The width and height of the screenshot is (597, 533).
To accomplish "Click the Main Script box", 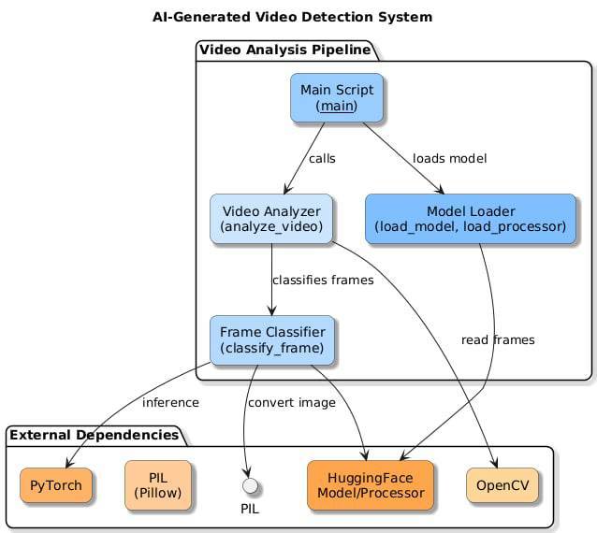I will coord(337,97).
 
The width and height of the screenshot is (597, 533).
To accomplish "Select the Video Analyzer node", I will coord(271,218).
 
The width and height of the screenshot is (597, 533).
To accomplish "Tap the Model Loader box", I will coord(470,218).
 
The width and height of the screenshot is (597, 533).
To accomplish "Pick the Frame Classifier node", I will coord(271,339).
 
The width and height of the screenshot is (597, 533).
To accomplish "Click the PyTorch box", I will coord(55,485).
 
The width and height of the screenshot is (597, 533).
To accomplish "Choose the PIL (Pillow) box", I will coord(158,485).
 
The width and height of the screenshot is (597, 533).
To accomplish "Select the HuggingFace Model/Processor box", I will coord(370,485).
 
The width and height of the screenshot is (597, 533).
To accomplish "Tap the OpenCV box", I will coord(502,485).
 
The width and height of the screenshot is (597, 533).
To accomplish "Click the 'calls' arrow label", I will coord(322,158).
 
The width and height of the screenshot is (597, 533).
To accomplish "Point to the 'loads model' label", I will coord(449,158).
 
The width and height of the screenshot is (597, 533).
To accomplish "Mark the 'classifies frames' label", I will coord(323,280).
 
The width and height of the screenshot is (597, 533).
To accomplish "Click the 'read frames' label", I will coord(498,339).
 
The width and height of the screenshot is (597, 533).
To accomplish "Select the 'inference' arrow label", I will coord(170,403).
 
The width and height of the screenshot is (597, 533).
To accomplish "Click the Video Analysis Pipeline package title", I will coord(284,50).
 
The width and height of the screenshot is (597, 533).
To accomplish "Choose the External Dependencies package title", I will coord(95,435).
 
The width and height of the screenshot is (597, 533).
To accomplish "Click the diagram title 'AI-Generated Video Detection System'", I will coord(293,17).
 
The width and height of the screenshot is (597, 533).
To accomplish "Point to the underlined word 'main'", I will coord(337,107).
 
